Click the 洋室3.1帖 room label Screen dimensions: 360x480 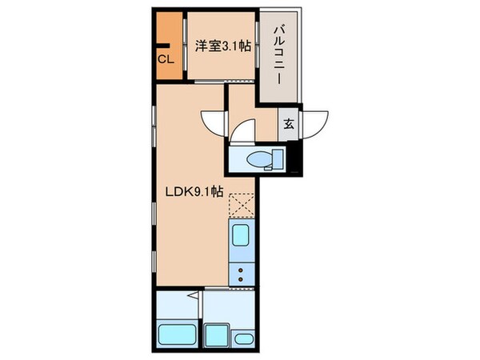point(222,46)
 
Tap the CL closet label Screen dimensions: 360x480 point(166,58)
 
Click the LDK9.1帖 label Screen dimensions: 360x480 point(194,192)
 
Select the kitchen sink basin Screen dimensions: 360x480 point(241,234)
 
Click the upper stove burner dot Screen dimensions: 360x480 point(240,270)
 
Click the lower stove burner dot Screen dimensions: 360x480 point(240,280)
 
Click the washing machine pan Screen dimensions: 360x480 point(216,334)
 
